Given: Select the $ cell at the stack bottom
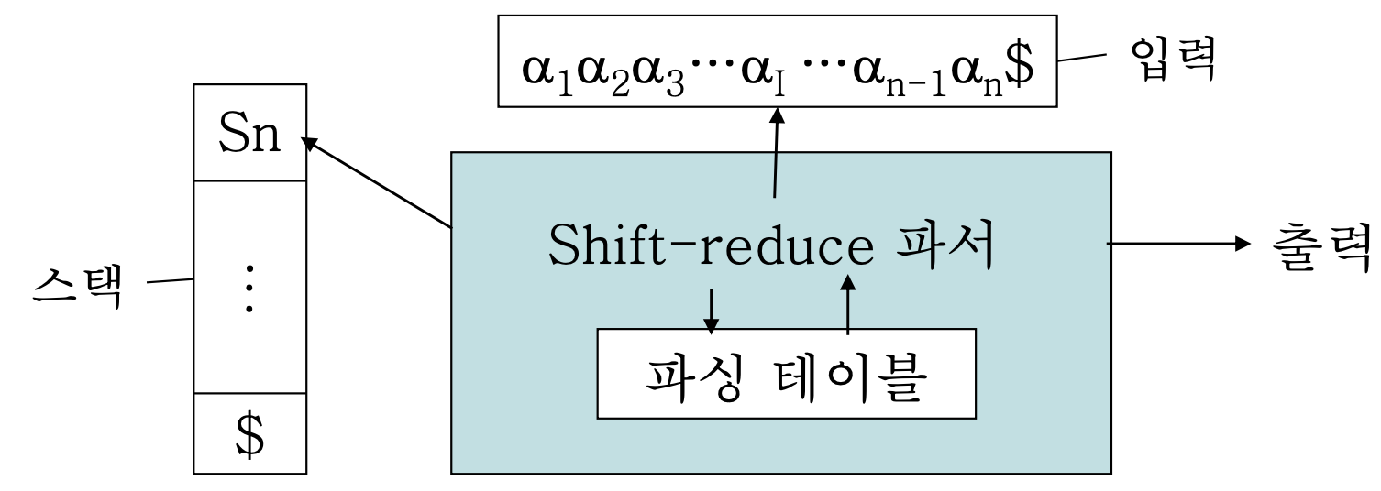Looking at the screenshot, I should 249,435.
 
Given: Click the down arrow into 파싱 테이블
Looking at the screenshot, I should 711,303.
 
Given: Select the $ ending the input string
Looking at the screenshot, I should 858,71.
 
